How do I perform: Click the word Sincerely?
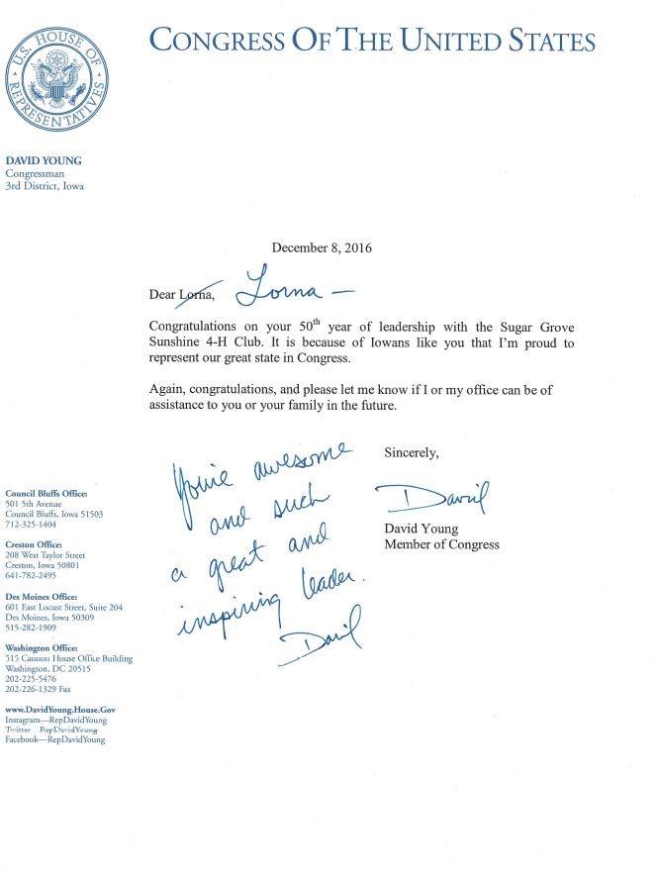click(x=411, y=452)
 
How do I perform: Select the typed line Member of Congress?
click(x=441, y=544)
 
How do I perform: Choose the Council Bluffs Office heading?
click(x=47, y=493)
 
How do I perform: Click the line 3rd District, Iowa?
click(x=46, y=184)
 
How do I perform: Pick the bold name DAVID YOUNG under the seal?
click(x=45, y=159)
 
